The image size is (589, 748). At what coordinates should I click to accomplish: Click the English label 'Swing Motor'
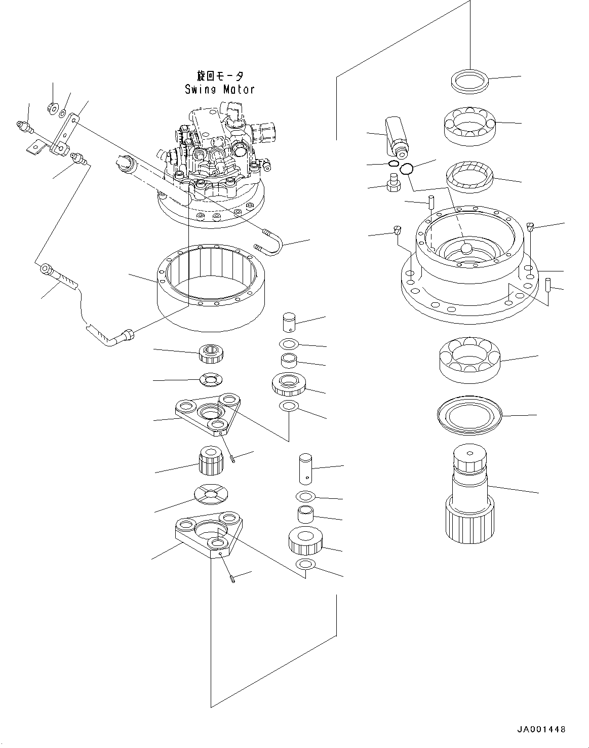pyautogui.click(x=219, y=90)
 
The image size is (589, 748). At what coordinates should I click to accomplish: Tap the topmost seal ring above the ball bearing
pyautogui.click(x=469, y=81)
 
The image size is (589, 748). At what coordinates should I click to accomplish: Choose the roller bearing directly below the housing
pyautogui.click(x=469, y=359)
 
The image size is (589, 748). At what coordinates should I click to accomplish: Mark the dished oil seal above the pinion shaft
pyautogui.click(x=469, y=416)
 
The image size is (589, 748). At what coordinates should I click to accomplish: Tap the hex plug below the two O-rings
pyautogui.click(x=393, y=183)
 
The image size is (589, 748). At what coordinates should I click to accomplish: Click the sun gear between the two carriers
pyautogui.click(x=209, y=460)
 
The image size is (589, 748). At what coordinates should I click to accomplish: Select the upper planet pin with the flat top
pyautogui.click(x=289, y=322)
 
